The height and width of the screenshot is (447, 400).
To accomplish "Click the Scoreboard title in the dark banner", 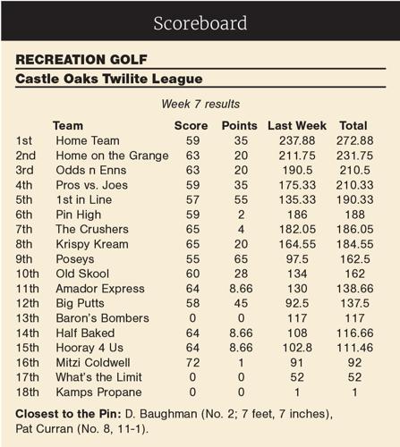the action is [x=200, y=22].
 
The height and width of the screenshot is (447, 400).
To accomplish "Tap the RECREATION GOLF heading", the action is [x=72, y=61].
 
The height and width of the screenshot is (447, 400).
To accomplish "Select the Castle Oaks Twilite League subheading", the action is [x=105, y=80].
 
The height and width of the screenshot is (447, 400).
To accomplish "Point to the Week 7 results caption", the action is [x=200, y=105].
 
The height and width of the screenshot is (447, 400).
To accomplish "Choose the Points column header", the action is [x=239, y=125].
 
